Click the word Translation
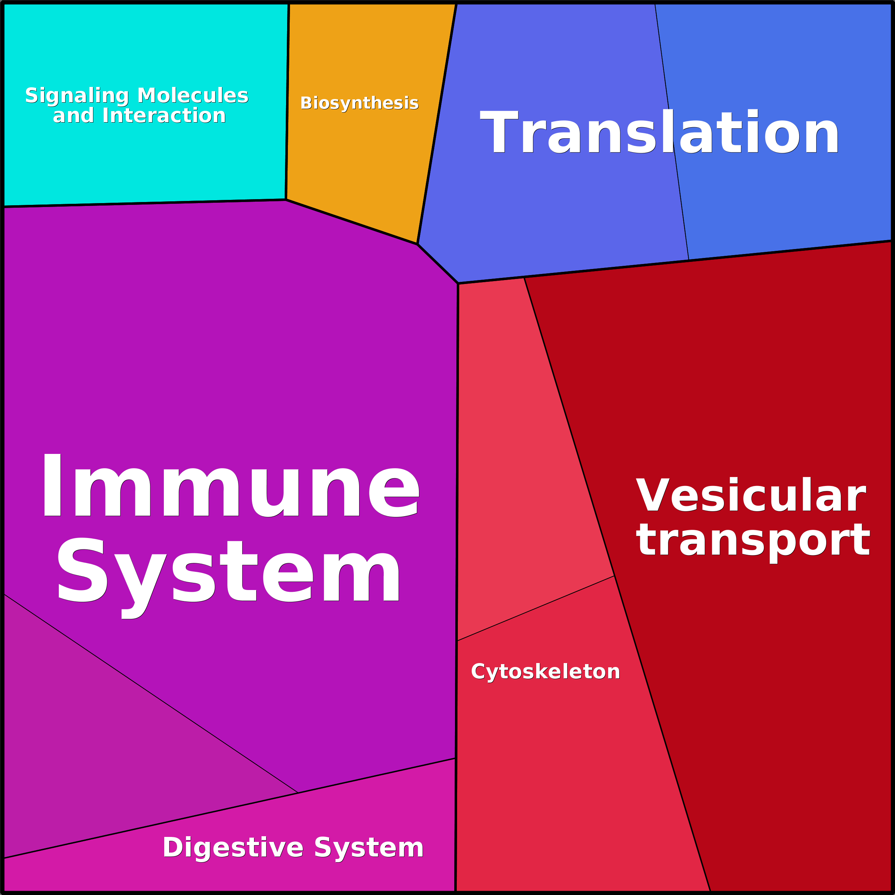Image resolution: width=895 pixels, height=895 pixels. [659, 131]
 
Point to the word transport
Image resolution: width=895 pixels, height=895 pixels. [753, 542]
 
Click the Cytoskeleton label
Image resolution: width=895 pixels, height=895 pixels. [545, 672]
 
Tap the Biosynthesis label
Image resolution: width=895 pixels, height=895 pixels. [359, 103]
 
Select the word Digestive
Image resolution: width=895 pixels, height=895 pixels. [233, 848]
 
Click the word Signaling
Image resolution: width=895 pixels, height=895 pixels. [77, 96]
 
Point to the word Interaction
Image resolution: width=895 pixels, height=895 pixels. [164, 115]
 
